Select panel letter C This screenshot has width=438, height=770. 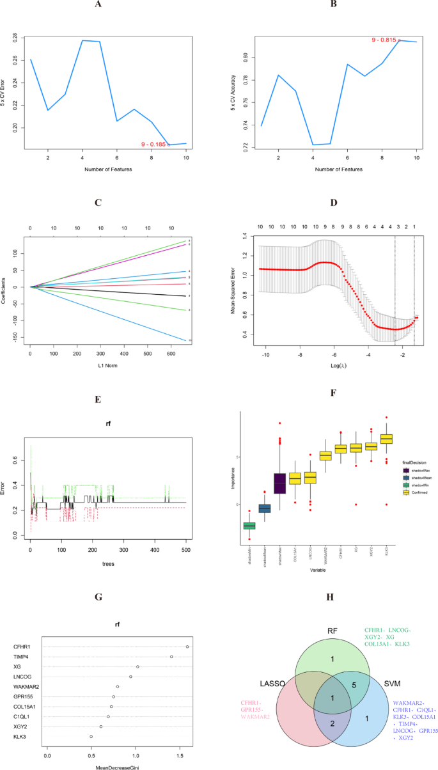click(98, 203)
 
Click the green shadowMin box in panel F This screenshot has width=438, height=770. click(249, 526)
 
